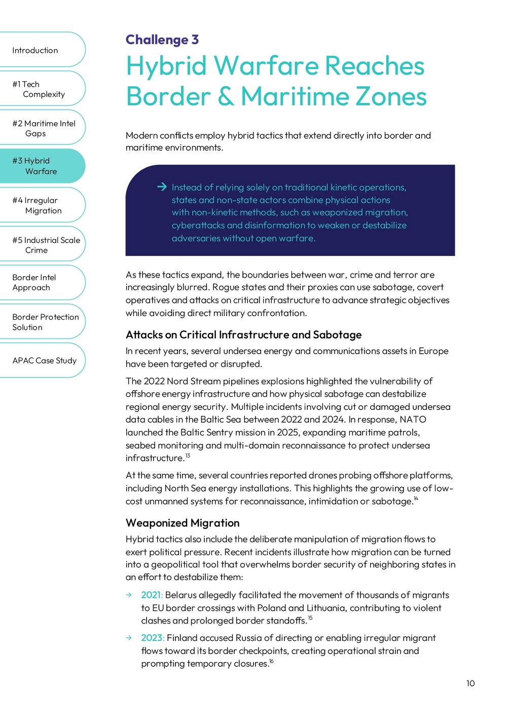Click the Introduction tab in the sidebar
coord(35,50)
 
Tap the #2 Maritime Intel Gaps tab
coord(44,128)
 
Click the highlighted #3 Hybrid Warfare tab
coord(35,166)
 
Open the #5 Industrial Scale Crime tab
coord(46,245)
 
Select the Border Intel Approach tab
coord(34,283)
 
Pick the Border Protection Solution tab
coord(45,322)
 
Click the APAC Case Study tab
coord(44,361)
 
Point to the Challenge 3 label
coord(162,40)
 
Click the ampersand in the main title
coord(226,96)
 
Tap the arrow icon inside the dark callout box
coord(162,187)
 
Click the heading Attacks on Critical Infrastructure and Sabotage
coord(243,335)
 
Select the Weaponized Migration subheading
coord(183,523)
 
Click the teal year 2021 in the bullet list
coord(152,595)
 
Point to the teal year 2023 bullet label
coord(152,638)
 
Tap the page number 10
coord(470,683)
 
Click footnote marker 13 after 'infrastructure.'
coord(188,456)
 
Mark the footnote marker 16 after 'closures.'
coord(271,661)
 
